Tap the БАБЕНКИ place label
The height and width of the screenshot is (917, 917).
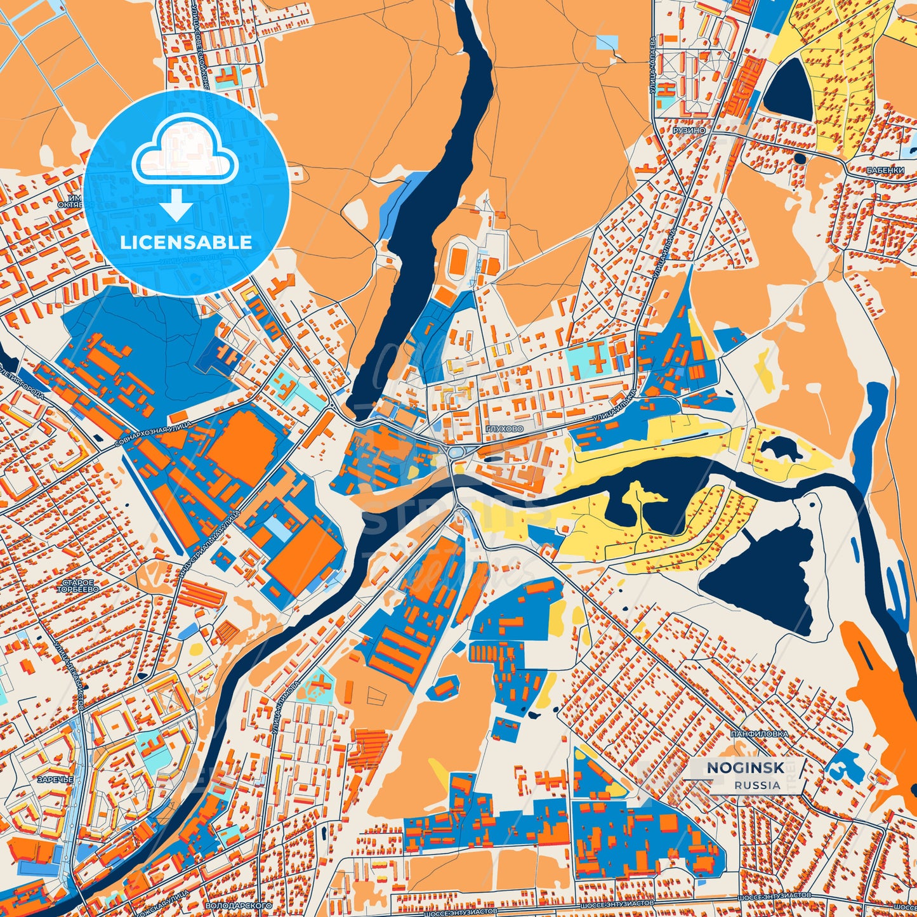point(885,170)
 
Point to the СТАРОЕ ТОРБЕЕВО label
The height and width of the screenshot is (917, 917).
point(78,586)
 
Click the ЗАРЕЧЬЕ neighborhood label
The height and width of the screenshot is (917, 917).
point(55,779)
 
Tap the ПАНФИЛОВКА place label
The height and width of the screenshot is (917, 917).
point(759,734)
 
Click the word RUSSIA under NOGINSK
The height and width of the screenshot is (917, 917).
point(757,785)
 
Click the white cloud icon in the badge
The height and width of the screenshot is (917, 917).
point(185,155)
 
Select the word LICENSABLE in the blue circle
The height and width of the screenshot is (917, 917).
point(186,242)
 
